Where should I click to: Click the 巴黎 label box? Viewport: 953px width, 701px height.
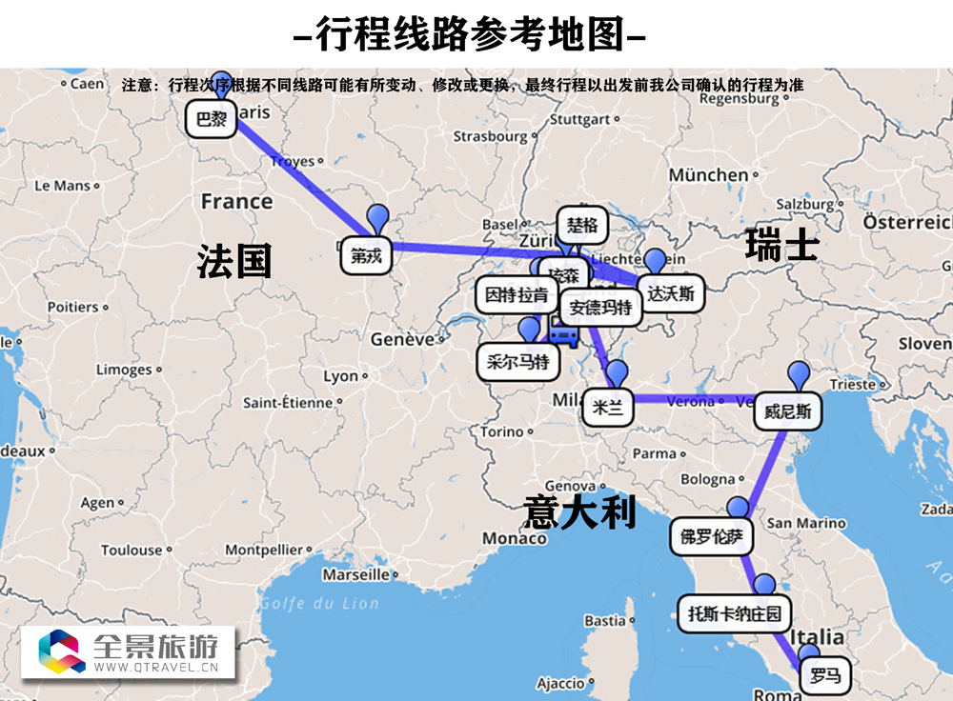pyautogui.click(x=211, y=119)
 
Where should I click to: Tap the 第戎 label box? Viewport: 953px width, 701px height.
pyautogui.click(x=365, y=255)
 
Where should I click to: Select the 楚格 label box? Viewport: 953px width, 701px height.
pyautogui.click(x=581, y=226)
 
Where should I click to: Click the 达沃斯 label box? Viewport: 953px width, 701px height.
pyautogui.click(x=670, y=293)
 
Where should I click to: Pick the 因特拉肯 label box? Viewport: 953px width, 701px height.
pyautogui.click(x=516, y=295)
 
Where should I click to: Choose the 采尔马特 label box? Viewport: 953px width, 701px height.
pyautogui.click(x=517, y=361)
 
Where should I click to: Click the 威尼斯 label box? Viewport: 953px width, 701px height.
pyautogui.click(x=788, y=412)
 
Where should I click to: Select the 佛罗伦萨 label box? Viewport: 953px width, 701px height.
pyautogui.click(x=711, y=536)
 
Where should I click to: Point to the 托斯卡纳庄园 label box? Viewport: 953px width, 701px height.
pyautogui.click(x=734, y=613)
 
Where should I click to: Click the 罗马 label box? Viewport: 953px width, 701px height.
pyautogui.click(x=825, y=676)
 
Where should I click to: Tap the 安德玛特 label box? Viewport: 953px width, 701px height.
pyautogui.click(x=599, y=308)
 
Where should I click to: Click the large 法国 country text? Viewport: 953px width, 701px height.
pyautogui.click(x=234, y=261)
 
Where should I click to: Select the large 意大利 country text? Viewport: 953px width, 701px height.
pyautogui.click(x=579, y=512)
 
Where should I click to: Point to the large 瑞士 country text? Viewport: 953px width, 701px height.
pyautogui.click(x=781, y=246)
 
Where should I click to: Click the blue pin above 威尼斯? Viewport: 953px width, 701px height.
pyautogui.click(x=798, y=374)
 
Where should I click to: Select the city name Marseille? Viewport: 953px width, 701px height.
pyautogui.click(x=355, y=574)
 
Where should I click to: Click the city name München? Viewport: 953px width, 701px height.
pyautogui.click(x=708, y=174)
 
